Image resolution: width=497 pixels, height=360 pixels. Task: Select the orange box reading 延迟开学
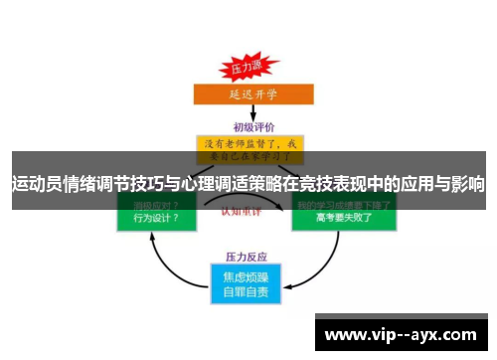pyautogui.click(x=246, y=93)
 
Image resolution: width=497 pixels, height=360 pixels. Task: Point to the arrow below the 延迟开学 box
pyautogui.click(x=248, y=112)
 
